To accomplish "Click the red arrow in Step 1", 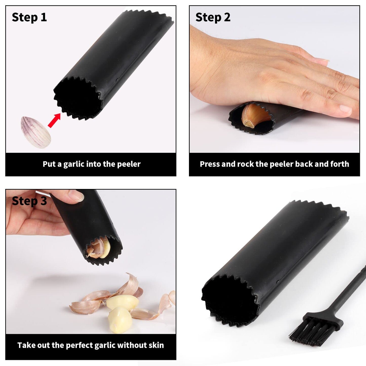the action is coord(54,120).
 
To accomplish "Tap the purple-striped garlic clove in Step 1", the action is coord(36,132).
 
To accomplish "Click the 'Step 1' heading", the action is coord(29,18).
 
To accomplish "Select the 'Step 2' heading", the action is coord(213,18).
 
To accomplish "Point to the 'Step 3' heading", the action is coord(29,201).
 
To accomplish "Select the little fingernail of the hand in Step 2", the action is coord(345,109).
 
